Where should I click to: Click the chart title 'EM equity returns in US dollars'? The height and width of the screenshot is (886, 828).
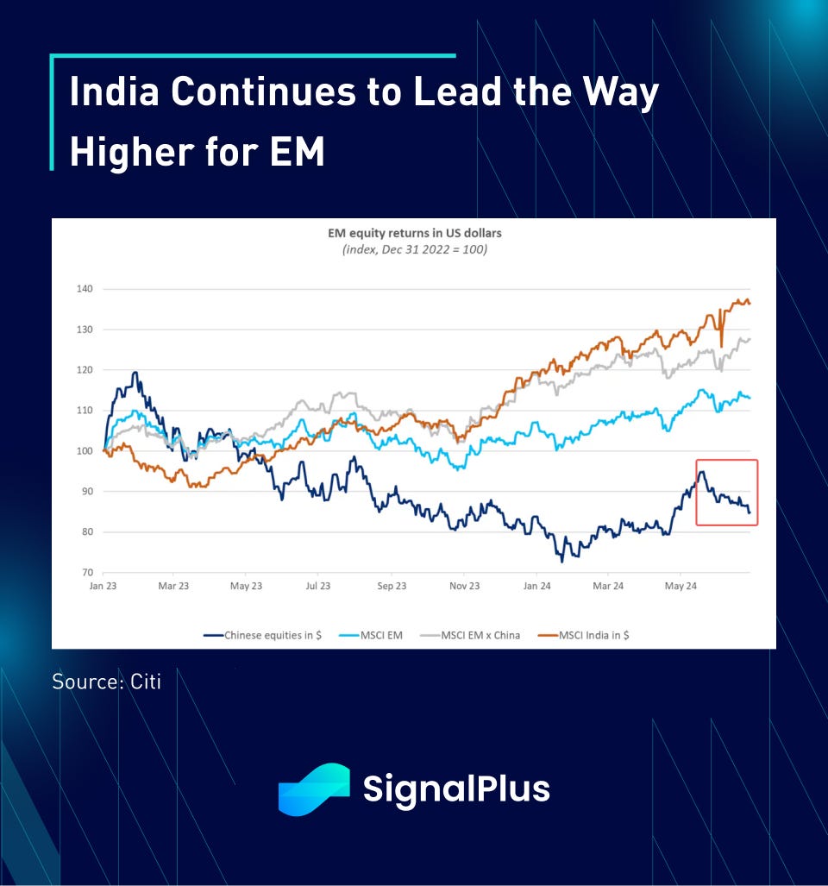[413, 234]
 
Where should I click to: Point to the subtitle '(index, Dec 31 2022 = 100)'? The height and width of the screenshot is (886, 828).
[413, 249]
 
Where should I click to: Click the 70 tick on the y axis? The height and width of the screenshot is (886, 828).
[85, 572]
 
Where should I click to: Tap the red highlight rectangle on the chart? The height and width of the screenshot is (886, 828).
[727, 493]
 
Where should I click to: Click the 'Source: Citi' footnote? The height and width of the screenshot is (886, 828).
[106, 682]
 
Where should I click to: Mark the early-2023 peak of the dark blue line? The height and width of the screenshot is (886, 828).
[135, 373]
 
